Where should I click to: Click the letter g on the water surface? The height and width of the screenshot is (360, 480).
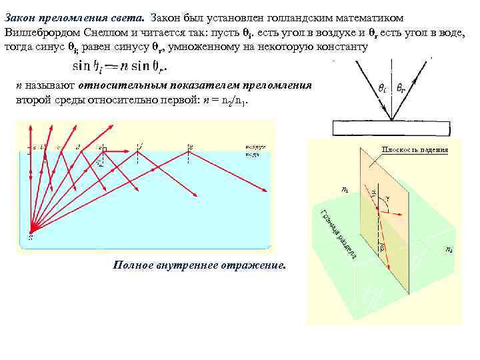(x=191, y=145)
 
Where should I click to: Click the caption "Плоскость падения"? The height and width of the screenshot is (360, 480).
(x=414, y=150)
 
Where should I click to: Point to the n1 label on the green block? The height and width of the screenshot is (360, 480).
(x=344, y=189)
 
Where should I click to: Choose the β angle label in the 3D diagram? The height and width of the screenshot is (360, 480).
(x=382, y=247)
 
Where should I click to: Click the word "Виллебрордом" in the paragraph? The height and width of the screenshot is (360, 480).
(x=39, y=31)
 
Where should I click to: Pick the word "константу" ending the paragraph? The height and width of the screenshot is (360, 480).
(x=340, y=47)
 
